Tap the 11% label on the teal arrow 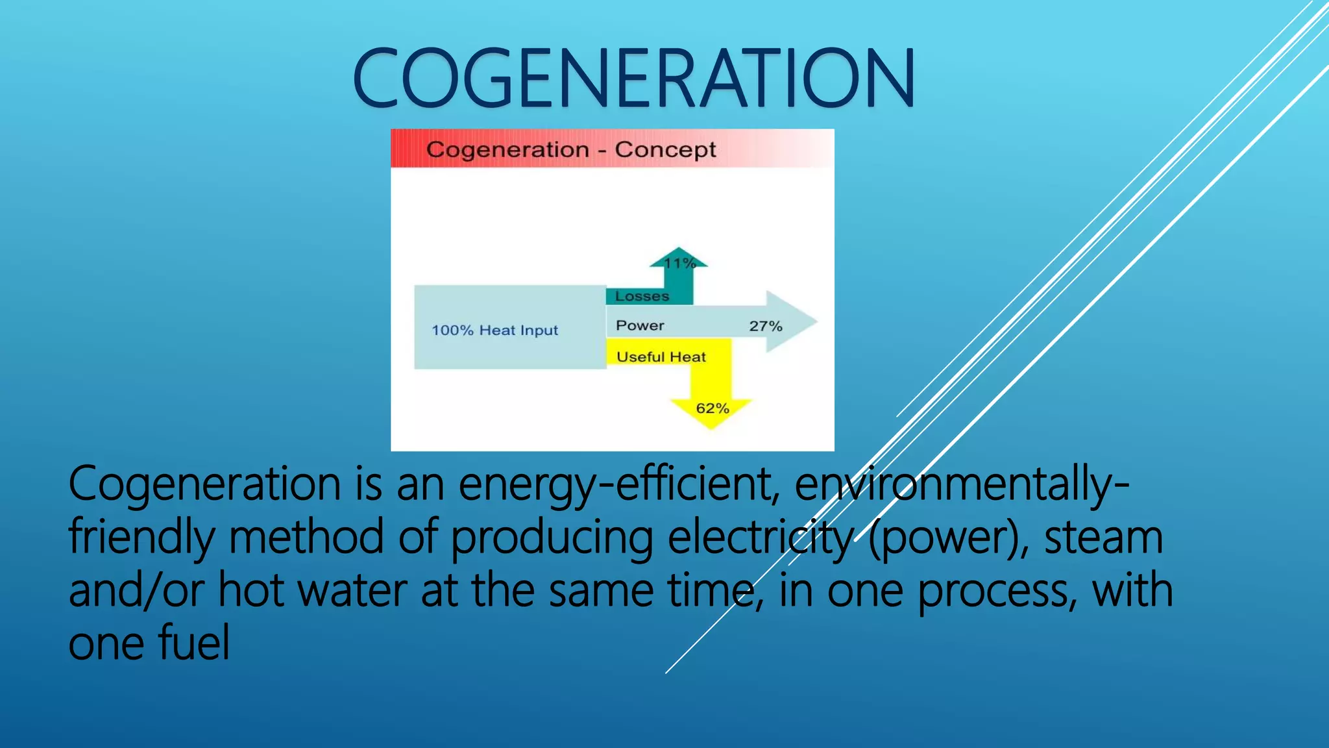679,263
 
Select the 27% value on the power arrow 766,326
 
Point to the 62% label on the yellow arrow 713,408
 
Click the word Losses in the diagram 642,296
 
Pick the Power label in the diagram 640,325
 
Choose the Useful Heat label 661,356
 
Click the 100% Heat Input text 494,330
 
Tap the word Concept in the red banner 665,150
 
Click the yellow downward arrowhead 711,419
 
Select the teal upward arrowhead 679,255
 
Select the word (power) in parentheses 947,538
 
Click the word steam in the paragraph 1103,538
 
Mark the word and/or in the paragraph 136,591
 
